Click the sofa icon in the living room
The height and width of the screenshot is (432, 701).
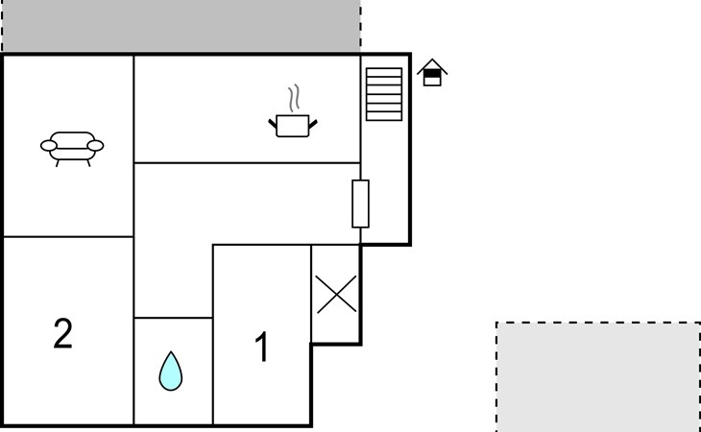pos(72,149)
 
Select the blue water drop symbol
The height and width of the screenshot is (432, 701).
pos(171,371)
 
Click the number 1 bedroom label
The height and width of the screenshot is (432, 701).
pos(261,347)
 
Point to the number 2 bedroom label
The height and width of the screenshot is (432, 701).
pos(63,333)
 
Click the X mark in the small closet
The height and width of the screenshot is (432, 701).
pos(336,294)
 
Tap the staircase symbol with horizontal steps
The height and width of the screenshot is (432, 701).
pos(384,94)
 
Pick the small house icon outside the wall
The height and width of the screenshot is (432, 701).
pos(432,72)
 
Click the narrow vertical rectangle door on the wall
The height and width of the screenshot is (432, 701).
pos(360,204)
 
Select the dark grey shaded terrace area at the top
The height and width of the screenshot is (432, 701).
pos(181,26)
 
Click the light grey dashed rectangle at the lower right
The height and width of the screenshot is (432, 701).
pos(598,377)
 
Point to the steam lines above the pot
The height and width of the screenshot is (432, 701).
pos(294,98)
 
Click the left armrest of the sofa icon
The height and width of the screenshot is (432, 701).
pos(49,146)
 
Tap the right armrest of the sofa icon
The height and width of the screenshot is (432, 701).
pos(95,146)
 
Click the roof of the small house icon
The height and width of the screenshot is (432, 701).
pos(432,66)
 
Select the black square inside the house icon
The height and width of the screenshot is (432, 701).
pos(432,73)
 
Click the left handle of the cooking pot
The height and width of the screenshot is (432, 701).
pos(273,124)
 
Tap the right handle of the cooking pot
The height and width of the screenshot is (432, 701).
pos(313,124)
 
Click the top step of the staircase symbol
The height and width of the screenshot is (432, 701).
pos(384,72)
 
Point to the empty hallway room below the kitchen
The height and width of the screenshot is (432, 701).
pos(247,204)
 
